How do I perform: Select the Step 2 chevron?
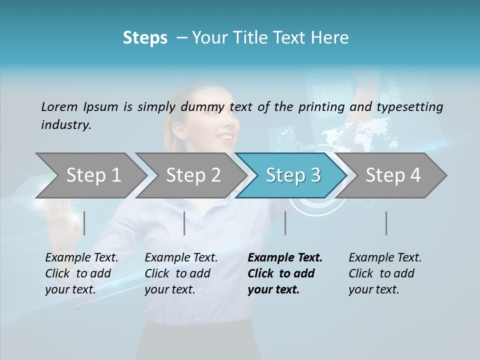193,175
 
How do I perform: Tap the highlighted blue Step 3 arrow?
293,175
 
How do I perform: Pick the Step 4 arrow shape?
393,175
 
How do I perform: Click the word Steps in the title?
145,38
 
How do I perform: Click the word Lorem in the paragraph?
59,107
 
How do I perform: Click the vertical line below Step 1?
84,223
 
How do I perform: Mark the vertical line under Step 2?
184,223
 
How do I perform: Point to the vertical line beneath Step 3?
285,223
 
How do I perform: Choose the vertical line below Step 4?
386,223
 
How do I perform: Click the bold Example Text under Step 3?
285,258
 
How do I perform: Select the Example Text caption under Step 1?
81,258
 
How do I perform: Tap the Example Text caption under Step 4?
385,258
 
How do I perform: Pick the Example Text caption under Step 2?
181,258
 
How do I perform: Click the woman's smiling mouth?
227,136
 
